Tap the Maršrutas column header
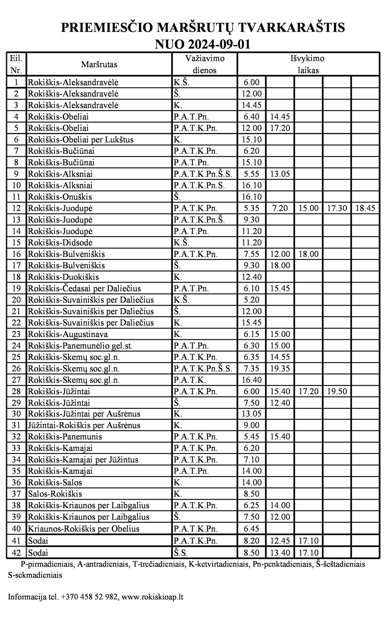[99, 64]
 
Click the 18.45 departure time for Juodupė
[365, 208]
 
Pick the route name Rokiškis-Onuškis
[60, 197]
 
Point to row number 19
[16, 288]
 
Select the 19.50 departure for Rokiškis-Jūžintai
[337, 391]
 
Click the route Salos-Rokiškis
[55, 494]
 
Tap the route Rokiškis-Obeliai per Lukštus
[81, 140]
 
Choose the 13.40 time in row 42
[280, 553]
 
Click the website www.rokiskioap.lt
[153, 597]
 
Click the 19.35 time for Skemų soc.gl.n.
[280, 369]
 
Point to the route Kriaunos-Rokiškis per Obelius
[84, 529]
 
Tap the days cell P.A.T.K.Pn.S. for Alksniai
[199, 186]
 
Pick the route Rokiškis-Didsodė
[60, 243]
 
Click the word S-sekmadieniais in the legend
[35, 575]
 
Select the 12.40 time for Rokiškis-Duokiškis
[251, 277]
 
